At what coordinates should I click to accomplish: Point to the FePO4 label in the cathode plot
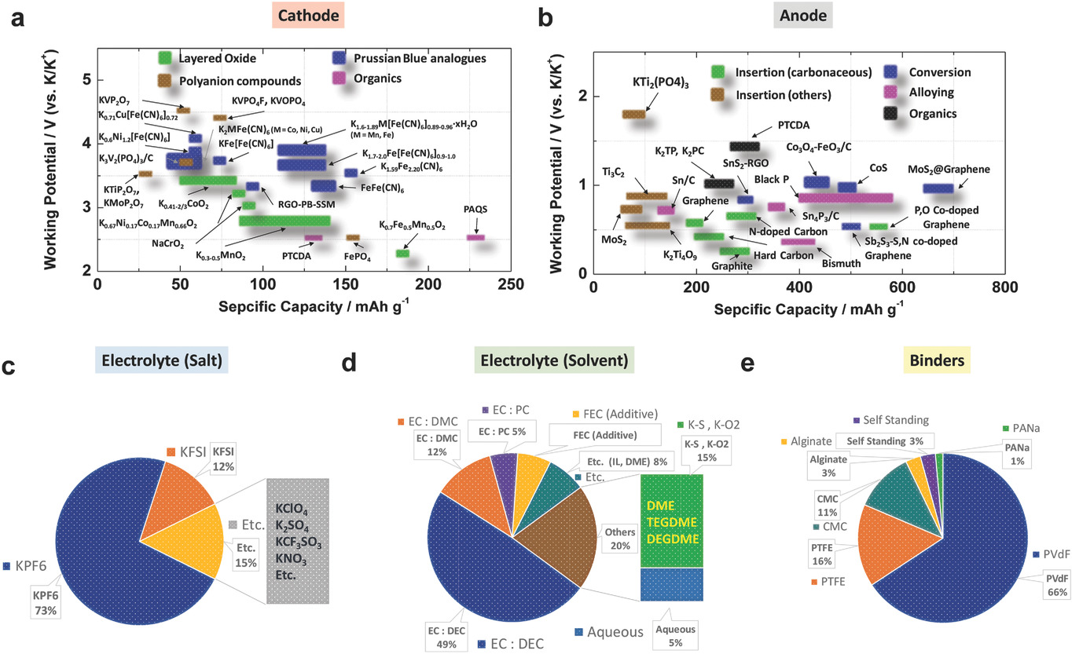click(358, 255)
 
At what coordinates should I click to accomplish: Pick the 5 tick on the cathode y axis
click(85, 79)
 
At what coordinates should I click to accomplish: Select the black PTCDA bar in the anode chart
click(744, 146)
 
